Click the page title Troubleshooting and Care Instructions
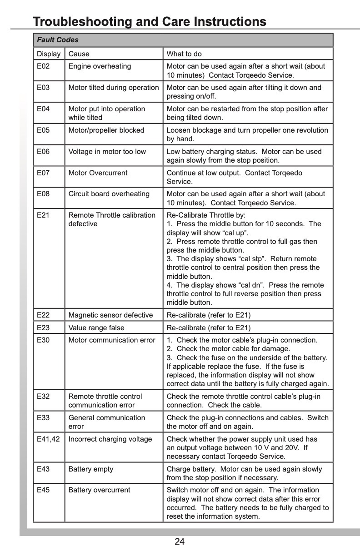pyautogui.click(x=150, y=21)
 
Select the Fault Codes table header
pyautogui.click(x=58, y=40)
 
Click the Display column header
pyautogui.click(x=49, y=54)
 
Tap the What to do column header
pyautogui.click(x=184, y=54)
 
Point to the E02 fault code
pyautogui.click(x=43, y=66)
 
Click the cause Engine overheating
pyautogui.click(x=100, y=66)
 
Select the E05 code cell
pyautogui.click(x=43, y=130)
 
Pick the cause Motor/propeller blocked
pyautogui.click(x=106, y=130)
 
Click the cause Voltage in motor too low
pyautogui.click(x=107, y=152)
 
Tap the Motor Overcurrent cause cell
pyautogui.click(x=98, y=173)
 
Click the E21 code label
pyautogui.click(x=43, y=215)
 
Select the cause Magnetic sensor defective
pyautogui.click(x=110, y=315)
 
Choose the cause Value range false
pyautogui.click(x=96, y=328)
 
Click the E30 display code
pyautogui.click(x=43, y=340)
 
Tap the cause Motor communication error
pyautogui.click(x=112, y=340)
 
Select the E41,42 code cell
pyautogui.click(x=48, y=439)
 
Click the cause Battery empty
pyautogui.click(x=91, y=469)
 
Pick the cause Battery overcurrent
pyautogui.click(x=99, y=490)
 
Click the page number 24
pyautogui.click(x=180, y=541)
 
